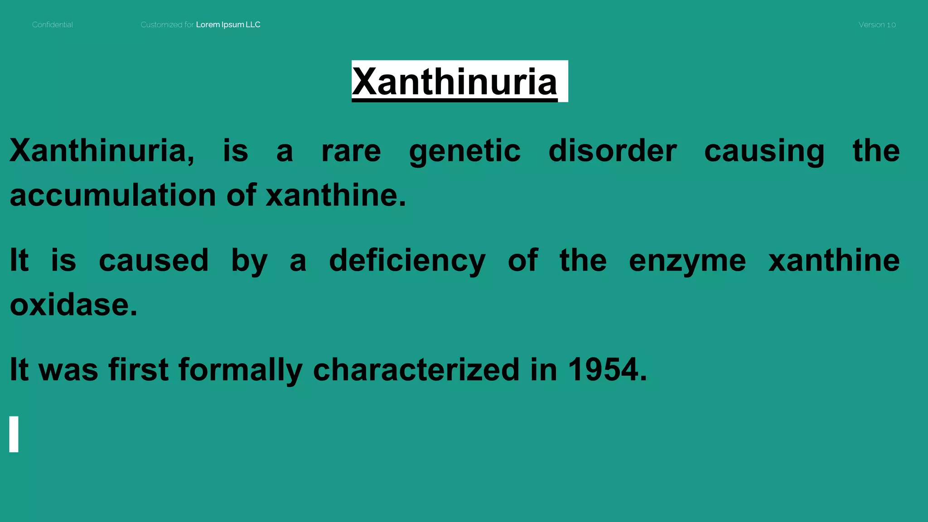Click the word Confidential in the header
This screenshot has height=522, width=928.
click(53, 25)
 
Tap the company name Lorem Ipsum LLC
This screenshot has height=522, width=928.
click(228, 25)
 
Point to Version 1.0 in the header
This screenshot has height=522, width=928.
click(877, 25)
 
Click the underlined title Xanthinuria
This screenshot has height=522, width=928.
click(454, 82)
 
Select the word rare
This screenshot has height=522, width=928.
click(351, 151)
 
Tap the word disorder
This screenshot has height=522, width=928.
click(613, 151)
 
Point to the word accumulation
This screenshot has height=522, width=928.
click(113, 195)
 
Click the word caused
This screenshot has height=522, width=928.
click(154, 261)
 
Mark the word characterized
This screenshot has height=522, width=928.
click(416, 369)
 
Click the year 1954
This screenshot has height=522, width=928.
click(603, 369)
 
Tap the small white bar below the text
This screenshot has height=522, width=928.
click(14, 434)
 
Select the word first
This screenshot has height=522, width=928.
click(139, 369)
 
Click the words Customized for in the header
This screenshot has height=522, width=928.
click(167, 25)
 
